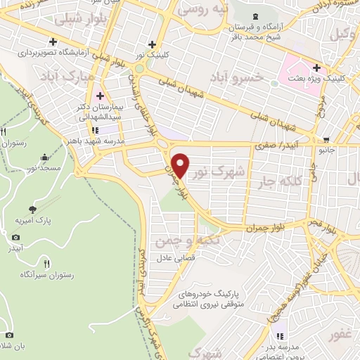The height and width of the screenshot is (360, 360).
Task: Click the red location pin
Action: (180, 165)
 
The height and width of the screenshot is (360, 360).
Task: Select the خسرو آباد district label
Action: (260, 78)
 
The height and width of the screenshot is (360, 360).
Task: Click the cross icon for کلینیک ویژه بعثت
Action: (317, 69)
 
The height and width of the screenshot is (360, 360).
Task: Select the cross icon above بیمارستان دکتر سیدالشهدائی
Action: (100, 96)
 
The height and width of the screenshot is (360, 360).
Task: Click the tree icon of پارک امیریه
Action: (33, 209)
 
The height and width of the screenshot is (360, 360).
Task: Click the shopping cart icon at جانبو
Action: (326, 139)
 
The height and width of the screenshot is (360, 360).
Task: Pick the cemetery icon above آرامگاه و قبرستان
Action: (255, 16)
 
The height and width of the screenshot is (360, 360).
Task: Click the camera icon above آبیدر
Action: (15, 238)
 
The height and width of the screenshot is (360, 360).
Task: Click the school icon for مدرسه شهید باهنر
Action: (94, 130)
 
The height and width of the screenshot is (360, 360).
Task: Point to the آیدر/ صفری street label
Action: (278, 143)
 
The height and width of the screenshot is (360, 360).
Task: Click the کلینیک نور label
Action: (151, 53)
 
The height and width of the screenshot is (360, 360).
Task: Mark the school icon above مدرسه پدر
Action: (281, 337)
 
